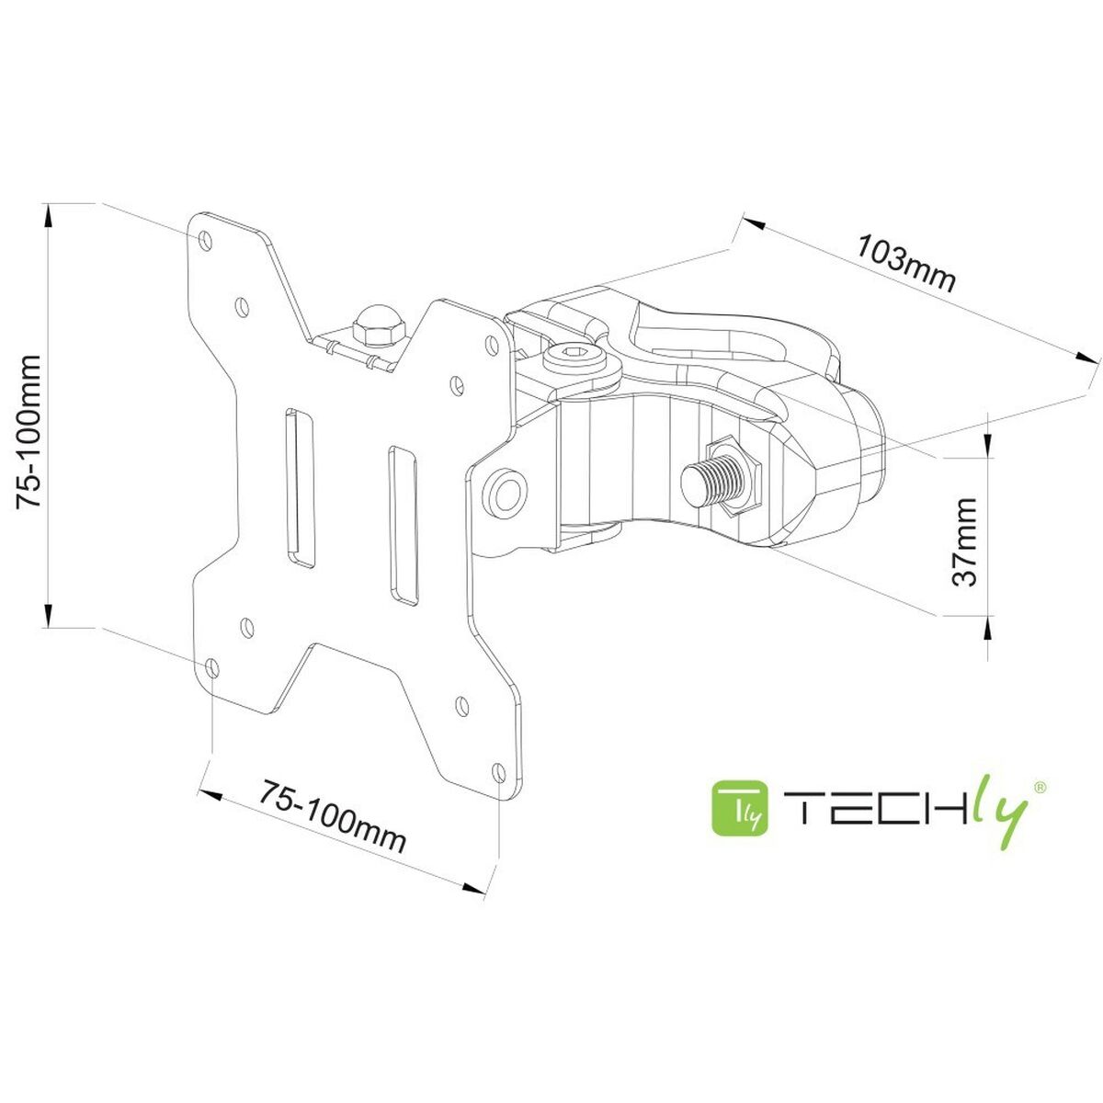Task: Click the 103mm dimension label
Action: [x=906, y=263]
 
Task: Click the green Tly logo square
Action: [x=742, y=808]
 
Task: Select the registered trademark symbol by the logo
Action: [x=1040, y=787]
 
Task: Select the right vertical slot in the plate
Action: [x=403, y=525]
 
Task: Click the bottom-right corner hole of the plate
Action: [x=499, y=770]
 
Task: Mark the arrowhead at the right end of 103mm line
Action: [x=1086, y=360]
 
